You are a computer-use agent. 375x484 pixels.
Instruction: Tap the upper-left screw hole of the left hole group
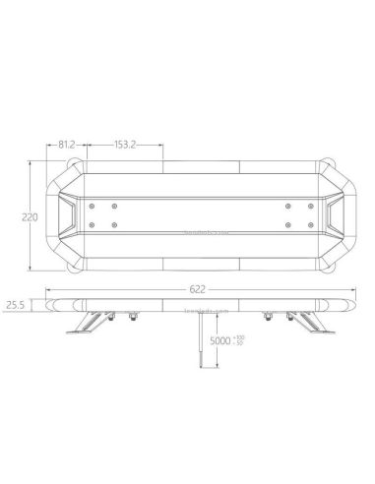tap(93, 206)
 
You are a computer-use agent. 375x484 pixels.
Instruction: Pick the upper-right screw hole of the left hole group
tap(116, 206)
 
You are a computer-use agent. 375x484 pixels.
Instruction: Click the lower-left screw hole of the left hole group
tap(93, 226)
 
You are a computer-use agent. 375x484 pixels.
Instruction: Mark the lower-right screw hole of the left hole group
tap(116, 226)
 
